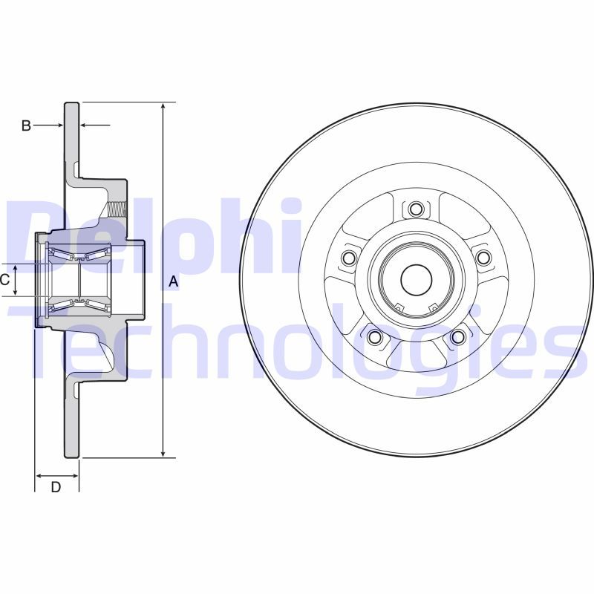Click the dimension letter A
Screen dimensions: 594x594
pyautogui.click(x=173, y=281)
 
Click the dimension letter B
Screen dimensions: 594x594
pyautogui.click(x=25, y=126)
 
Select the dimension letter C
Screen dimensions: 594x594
pyautogui.click(x=4, y=280)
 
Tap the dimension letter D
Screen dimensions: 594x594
pyautogui.click(x=56, y=487)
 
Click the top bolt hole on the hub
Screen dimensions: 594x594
pyautogui.click(x=416, y=209)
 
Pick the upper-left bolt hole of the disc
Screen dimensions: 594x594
pyautogui.click(x=348, y=258)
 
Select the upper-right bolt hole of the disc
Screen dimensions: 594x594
pyautogui.click(x=483, y=258)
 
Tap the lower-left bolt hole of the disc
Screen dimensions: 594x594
pyautogui.click(x=374, y=338)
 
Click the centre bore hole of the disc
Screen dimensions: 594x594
pyautogui.click(x=416, y=279)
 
